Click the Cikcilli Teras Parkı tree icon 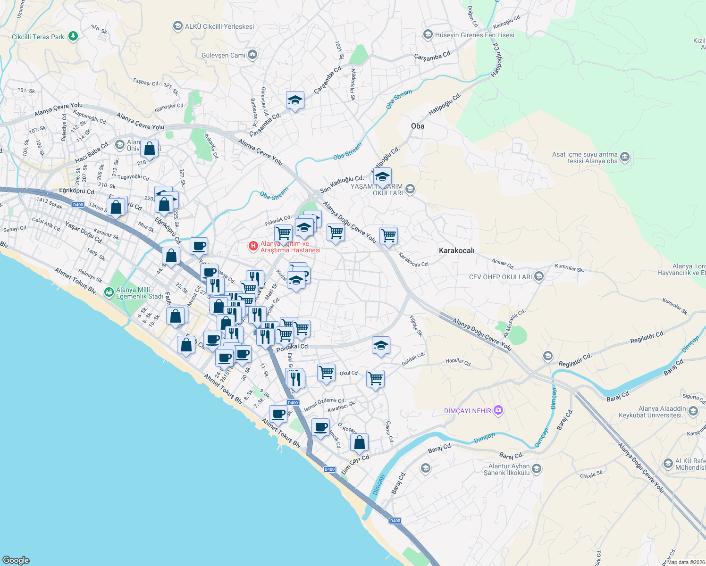coord(73,36)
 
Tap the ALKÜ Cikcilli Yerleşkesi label coord(219,26)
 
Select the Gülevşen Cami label coord(223,55)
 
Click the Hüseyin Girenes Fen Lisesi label coord(474,35)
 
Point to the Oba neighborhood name coord(418,126)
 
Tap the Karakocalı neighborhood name coord(456,250)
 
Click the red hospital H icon coord(253,246)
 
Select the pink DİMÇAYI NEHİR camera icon coord(498,410)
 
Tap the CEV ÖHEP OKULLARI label coord(500,277)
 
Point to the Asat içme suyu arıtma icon coord(625,157)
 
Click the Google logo coord(16,560)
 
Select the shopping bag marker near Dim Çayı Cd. coord(359,442)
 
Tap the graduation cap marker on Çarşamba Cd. coord(295,100)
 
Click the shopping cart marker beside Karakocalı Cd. coord(388,235)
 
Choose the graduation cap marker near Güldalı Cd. coord(381,346)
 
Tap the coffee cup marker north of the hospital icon coord(199,246)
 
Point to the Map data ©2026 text coord(685,562)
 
